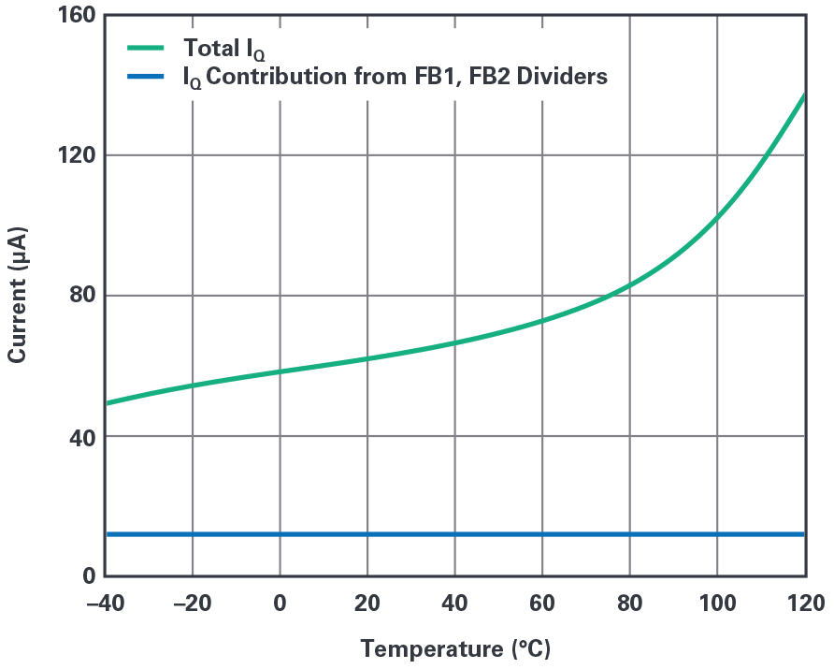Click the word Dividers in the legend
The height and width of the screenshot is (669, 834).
coord(562,76)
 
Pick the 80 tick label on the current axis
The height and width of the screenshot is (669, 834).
coord(78,296)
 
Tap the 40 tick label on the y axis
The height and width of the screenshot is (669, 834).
coord(78,436)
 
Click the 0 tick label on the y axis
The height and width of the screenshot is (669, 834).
coord(83,576)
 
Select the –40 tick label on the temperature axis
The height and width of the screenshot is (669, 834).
coord(105,604)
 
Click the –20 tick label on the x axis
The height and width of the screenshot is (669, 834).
coord(192,604)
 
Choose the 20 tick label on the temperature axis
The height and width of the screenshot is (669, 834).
coord(367,604)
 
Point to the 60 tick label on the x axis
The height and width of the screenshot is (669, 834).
coord(542,604)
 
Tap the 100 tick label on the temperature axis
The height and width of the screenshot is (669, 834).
coord(717,604)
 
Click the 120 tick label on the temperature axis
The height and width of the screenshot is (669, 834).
coord(804,604)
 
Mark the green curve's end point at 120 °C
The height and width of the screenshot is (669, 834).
coord(804,95)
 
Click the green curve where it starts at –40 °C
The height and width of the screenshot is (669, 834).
coord(106,403)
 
